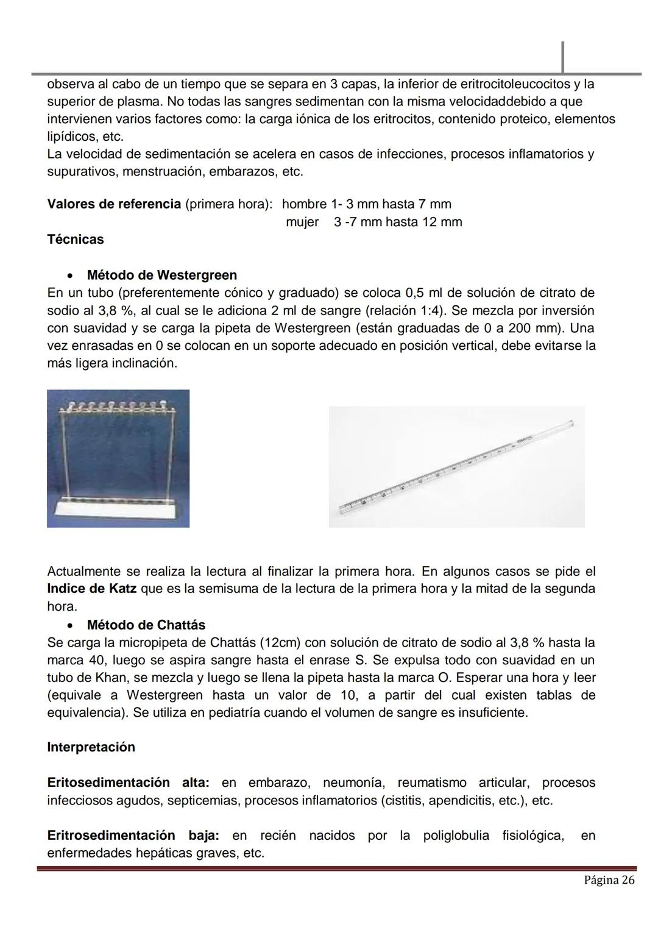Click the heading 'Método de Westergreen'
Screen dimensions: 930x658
tap(161, 275)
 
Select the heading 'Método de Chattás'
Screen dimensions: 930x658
tap(146, 625)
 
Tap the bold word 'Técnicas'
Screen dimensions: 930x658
tap(76, 240)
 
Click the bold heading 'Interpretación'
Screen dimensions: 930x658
tap(91, 748)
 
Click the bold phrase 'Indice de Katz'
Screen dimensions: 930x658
tap(91, 589)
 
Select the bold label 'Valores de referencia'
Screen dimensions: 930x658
tap(114, 204)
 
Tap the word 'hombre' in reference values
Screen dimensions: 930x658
tap(304, 204)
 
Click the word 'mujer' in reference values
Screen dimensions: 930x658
tap(302, 222)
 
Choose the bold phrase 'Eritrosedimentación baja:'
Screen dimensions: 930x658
tap(133, 836)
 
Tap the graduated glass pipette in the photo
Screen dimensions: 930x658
tap(457, 466)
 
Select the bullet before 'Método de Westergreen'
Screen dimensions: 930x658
tap(72, 276)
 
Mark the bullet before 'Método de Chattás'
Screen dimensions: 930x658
tap(72, 626)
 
